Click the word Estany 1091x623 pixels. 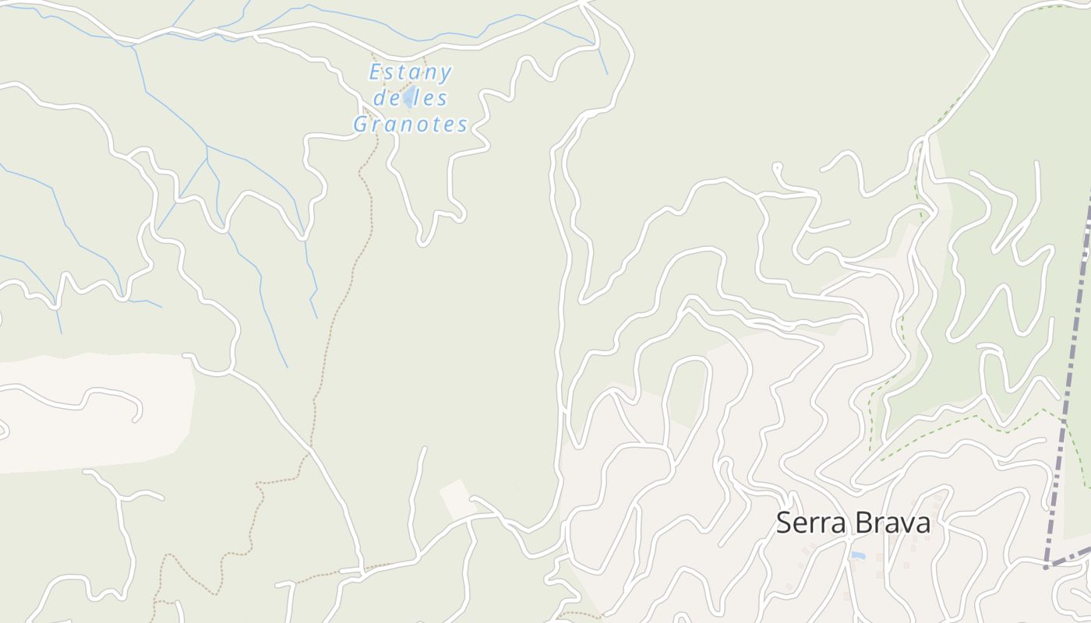[410, 72]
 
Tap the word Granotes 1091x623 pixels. [411, 124]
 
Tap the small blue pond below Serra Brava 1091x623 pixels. [858, 555]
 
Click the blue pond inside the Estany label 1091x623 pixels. [408, 98]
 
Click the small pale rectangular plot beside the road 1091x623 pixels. [457, 498]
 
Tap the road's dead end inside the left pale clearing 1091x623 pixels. [137, 418]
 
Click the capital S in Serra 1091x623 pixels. [784, 523]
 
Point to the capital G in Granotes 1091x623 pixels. [362, 124]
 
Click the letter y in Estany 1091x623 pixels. [445, 74]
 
